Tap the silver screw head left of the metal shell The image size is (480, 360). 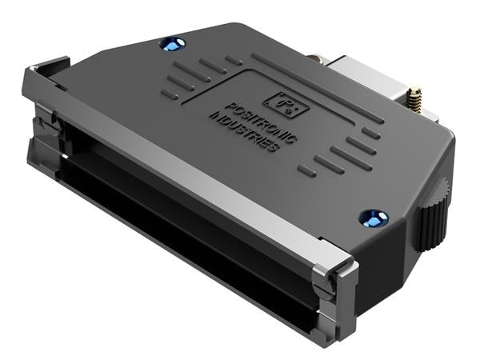pos(314,58)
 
